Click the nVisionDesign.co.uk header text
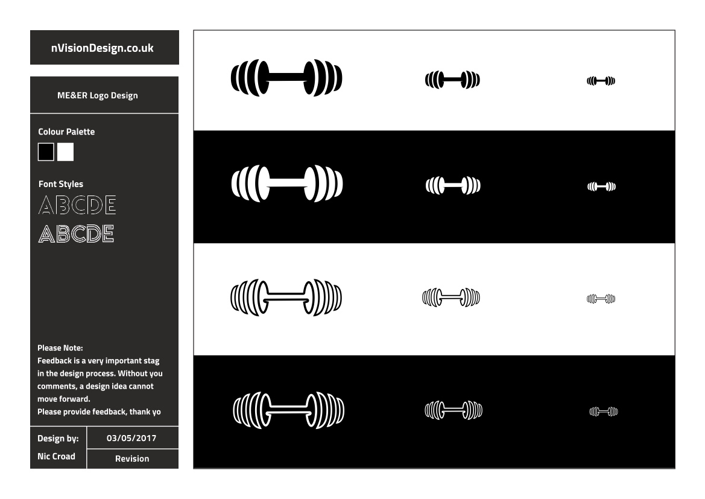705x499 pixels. pyautogui.click(x=102, y=48)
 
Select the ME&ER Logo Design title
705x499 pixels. pyautogui.click(x=98, y=95)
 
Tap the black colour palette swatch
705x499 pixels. pyautogui.click(x=46, y=152)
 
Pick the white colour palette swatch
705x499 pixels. pyautogui.click(x=65, y=152)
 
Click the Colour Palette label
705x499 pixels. pyautogui.click(x=66, y=132)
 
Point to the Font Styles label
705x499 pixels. pyautogui.click(x=61, y=184)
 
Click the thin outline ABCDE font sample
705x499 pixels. pyautogui.click(x=77, y=205)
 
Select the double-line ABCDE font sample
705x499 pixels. pyautogui.click(x=77, y=234)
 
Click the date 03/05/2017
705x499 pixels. pyautogui.click(x=131, y=438)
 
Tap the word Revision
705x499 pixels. pyautogui.click(x=132, y=459)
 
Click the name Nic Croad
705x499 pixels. pyautogui.click(x=56, y=456)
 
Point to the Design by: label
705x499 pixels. pyautogui.click(x=58, y=439)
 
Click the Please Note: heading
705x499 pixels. pyautogui.click(x=60, y=348)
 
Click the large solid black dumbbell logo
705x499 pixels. pyautogui.click(x=286, y=78)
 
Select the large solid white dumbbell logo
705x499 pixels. pyautogui.click(x=287, y=183)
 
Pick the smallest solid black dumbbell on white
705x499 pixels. pyautogui.click(x=601, y=81)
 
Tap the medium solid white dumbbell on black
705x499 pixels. pyautogui.click(x=454, y=185)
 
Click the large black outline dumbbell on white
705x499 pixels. pyautogui.click(x=286, y=297)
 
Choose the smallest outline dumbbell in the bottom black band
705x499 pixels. pyautogui.click(x=604, y=412)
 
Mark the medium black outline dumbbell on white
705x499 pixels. pyautogui.click(x=451, y=297)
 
